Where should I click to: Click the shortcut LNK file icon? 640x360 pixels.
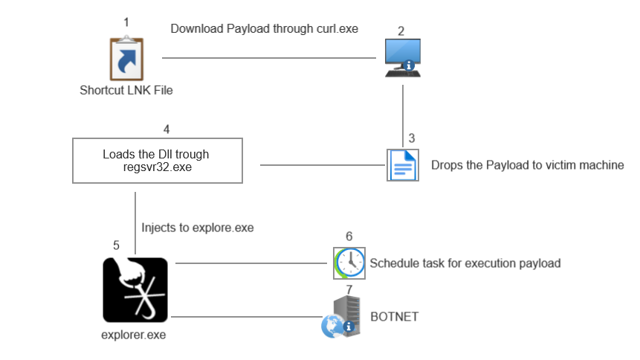(x=126, y=59)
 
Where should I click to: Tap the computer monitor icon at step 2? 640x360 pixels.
(x=402, y=58)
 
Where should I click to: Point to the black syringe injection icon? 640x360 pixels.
(x=135, y=289)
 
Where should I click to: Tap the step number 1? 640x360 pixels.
(x=126, y=22)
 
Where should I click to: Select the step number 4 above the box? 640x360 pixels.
(x=167, y=129)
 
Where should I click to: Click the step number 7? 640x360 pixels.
(x=349, y=287)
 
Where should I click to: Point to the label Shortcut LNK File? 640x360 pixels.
(x=126, y=91)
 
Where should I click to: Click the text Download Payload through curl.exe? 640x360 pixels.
(x=264, y=29)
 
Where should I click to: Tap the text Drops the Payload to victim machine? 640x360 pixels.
(x=527, y=165)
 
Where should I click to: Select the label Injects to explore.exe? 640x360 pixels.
(x=197, y=228)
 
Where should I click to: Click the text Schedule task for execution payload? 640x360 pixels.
(x=465, y=263)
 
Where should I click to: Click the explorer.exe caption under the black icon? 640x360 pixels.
(x=133, y=335)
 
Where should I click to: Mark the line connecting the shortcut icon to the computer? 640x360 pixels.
(x=268, y=57)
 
